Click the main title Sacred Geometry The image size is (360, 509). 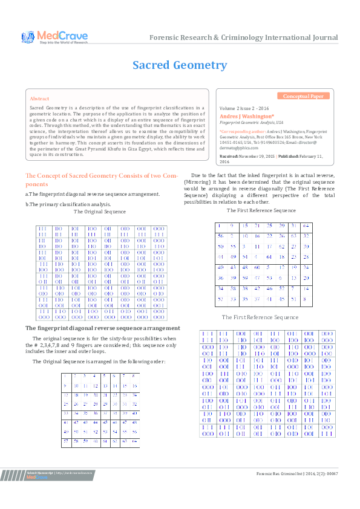coord(180,65)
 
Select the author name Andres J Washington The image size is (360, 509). coord(247,115)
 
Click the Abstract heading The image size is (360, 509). coord(39,98)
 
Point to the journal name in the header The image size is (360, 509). coord(244,37)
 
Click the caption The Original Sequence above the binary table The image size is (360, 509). coord(99,212)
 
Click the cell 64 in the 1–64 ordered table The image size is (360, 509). coord(134,441)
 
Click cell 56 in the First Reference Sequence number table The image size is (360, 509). coord(221,236)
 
